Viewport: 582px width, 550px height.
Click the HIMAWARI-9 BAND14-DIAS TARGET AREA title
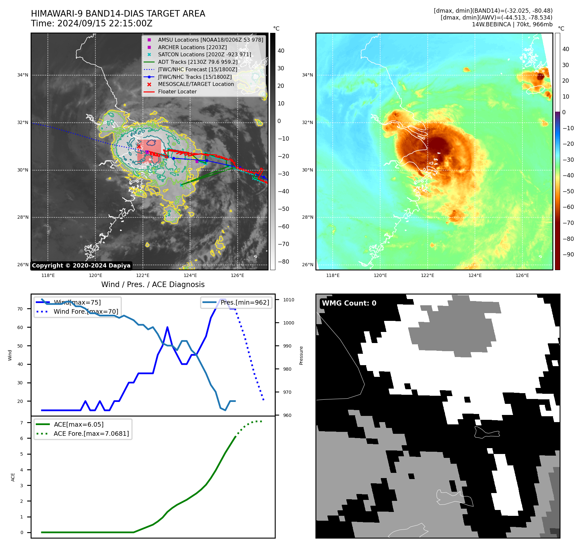point(118,14)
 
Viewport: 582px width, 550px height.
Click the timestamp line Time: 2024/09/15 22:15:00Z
point(91,23)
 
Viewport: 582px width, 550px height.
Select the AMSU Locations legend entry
point(210,40)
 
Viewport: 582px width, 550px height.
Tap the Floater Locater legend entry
point(177,92)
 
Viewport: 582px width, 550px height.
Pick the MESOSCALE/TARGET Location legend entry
point(196,84)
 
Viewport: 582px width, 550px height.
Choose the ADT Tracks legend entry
point(198,62)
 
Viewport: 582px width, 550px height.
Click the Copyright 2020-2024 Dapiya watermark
point(81,266)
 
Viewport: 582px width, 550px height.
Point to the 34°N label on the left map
point(23,75)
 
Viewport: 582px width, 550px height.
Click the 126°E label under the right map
point(522,276)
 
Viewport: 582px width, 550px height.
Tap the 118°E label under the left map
point(48,276)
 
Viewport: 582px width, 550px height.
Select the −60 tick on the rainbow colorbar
point(568,207)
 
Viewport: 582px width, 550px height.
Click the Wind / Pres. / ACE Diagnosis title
point(153,284)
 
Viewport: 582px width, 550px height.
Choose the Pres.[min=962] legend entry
point(244,302)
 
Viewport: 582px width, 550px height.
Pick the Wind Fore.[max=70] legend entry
point(86,311)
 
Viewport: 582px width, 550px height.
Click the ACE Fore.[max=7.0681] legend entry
point(91,433)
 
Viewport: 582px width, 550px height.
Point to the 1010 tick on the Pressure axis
point(288,300)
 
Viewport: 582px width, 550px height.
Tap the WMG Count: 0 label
point(349,303)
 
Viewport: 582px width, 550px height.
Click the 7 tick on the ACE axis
point(22,423)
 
